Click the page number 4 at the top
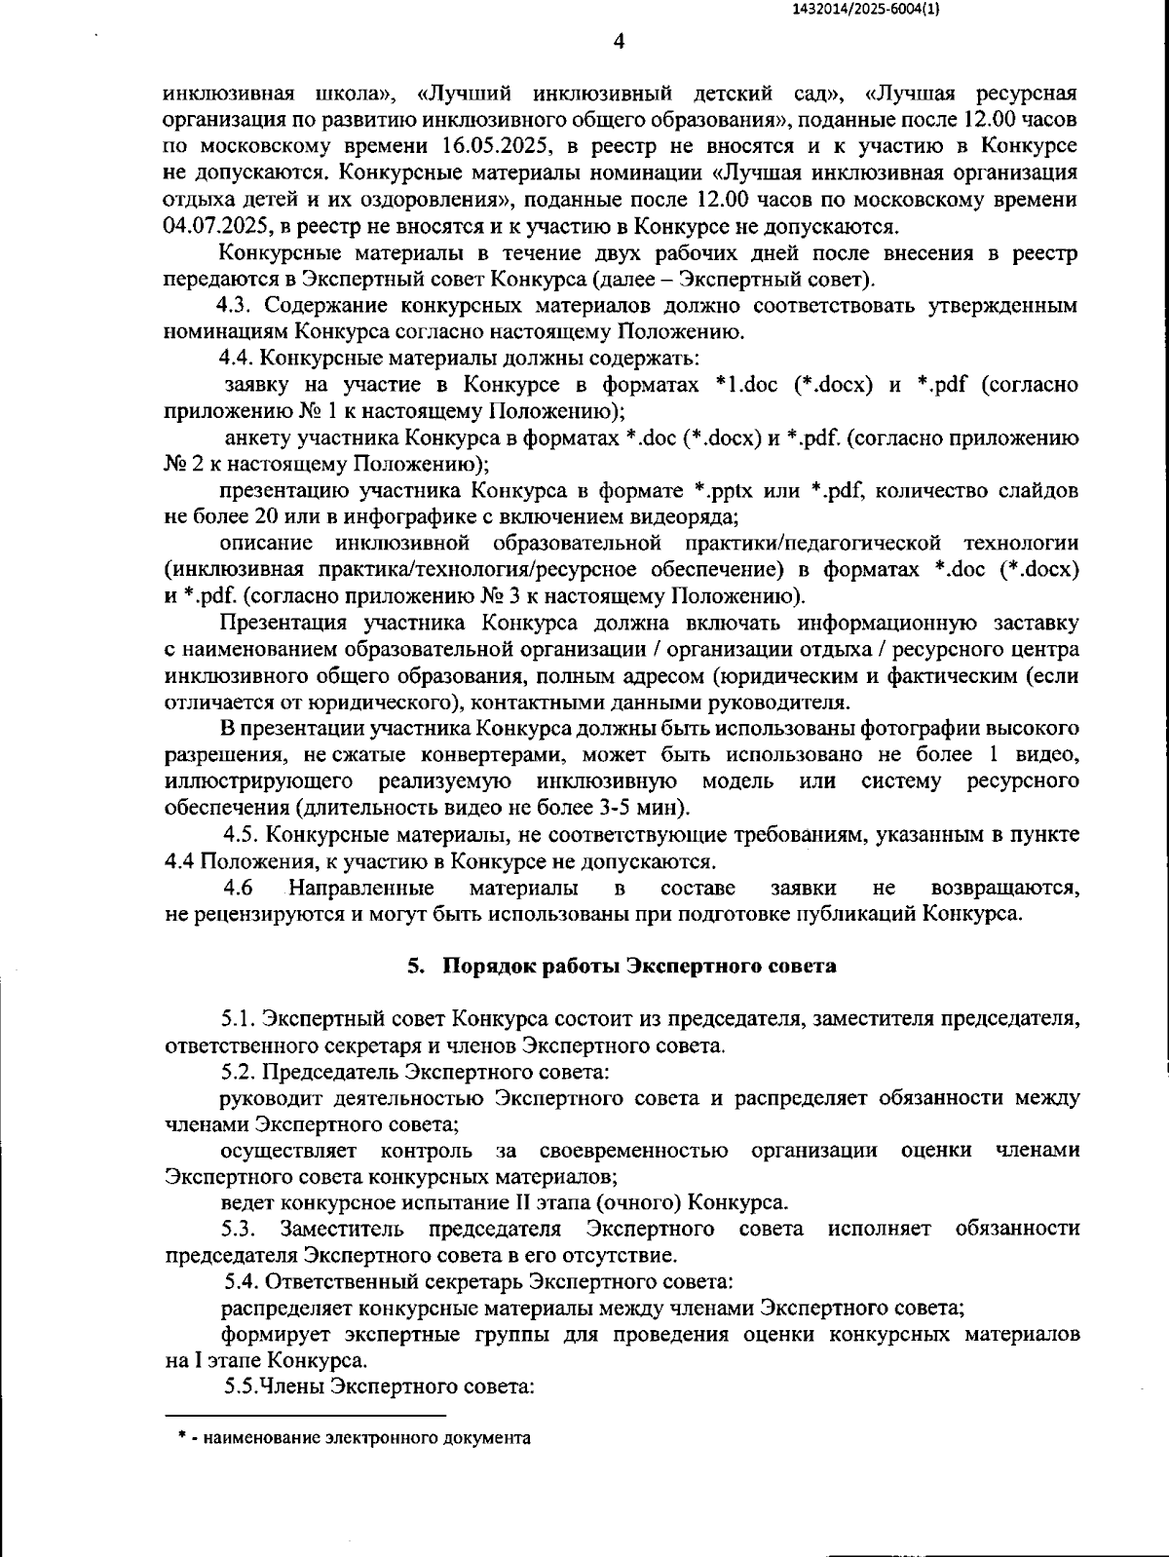tap(619, 41)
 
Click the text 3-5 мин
tap(651, 808)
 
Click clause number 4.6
tap(239, 888)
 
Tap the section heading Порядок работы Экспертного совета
tap(639, 967)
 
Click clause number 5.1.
tap(239, 1019)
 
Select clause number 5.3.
tap(239, 1229)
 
